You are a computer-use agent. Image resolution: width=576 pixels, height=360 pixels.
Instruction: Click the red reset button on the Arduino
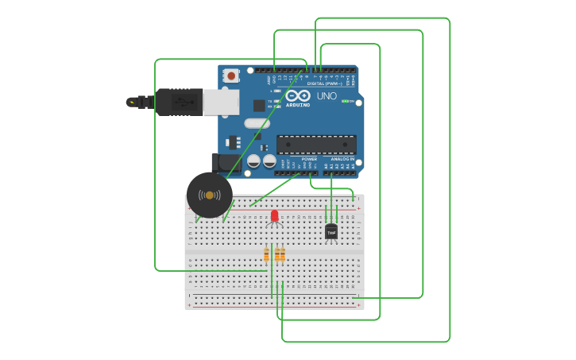(231, 76)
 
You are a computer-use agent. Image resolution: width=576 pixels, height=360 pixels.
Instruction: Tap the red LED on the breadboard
(275, 216)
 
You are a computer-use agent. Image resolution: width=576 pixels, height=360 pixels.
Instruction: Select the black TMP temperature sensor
(331, 232)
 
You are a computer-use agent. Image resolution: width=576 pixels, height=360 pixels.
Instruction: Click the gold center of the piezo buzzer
(210, 195)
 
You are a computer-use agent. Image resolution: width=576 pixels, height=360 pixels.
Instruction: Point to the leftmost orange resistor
(267, 254)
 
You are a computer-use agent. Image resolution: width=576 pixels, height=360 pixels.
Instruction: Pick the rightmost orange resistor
(282, 254)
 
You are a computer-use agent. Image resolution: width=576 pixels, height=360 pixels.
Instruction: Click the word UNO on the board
(327, 96)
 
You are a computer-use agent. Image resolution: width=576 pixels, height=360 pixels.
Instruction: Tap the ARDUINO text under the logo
(298, 105)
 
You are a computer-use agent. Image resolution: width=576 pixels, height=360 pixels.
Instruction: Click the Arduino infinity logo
(298, 96)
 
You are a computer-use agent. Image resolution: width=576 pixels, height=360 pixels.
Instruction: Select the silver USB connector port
(221, 102)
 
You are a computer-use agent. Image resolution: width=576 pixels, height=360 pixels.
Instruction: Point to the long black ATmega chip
(316, 145)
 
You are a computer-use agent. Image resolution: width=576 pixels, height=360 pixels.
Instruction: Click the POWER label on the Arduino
(309, 159)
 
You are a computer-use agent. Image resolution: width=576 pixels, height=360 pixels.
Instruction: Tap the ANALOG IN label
(342, 159)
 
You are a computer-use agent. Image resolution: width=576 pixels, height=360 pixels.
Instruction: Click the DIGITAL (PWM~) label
(325, 83)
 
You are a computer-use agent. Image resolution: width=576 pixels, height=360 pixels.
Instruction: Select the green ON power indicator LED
(345, 101)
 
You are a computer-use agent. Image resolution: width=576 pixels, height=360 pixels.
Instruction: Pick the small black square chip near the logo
(259, 105)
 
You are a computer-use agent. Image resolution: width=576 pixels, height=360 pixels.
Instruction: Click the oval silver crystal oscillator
(257, 123)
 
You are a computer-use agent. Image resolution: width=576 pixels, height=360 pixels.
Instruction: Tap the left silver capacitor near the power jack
(253, 161)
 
